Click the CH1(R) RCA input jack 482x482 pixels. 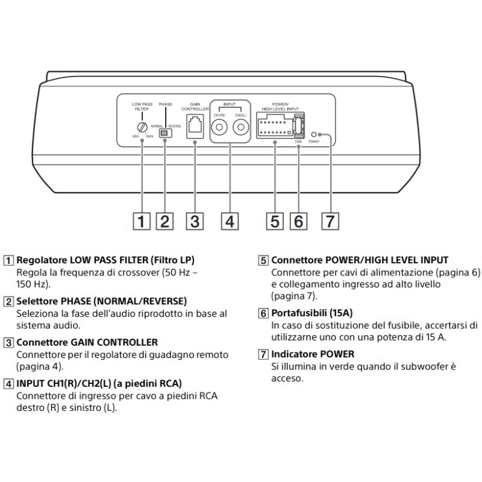point(219,128)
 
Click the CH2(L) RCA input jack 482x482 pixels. point(241,128)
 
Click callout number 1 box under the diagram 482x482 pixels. point(142,221)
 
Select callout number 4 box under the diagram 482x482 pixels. point(229,221)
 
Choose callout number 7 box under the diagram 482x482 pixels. point(328,221)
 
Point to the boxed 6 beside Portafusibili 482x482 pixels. point(263,313)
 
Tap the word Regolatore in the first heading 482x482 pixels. point(41,260)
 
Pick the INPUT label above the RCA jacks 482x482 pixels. point(230,104)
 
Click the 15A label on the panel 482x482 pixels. point(298,142)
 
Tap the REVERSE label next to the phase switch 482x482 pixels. point(175,126)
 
